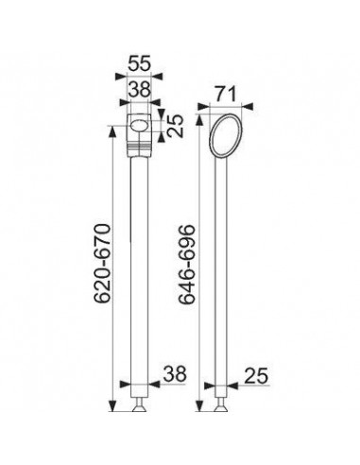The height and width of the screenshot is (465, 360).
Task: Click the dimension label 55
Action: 139,63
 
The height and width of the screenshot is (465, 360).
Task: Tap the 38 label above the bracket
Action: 140,90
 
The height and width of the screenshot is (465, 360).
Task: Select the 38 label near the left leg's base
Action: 175,374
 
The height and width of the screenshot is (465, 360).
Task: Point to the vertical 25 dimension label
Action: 175,126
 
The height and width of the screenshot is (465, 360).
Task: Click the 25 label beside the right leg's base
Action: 256,375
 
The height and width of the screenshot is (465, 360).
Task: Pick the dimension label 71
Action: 225,94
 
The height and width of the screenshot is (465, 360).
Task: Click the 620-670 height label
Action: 103,264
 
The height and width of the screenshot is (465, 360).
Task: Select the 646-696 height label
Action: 186,264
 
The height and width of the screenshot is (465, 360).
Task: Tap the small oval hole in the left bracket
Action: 139,126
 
